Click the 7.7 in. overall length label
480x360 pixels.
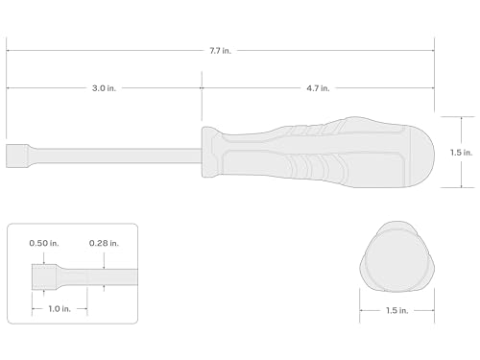click(x=220, y=51)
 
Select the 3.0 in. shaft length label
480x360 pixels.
click(x=104, y=88)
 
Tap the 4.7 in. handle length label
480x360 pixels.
click(x=318, y=88)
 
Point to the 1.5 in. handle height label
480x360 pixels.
click(x=461, y=153)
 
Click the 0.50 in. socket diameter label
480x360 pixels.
click(x=44, y=243)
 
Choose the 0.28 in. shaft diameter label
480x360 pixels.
click(x=104, y=243)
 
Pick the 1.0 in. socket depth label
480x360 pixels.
click(x=60, y=309)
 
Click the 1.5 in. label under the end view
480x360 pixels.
click(x=396, y=310)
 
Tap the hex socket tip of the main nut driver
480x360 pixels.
click(x=17, y=156)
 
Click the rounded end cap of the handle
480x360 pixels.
click(x=422, y=156)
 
